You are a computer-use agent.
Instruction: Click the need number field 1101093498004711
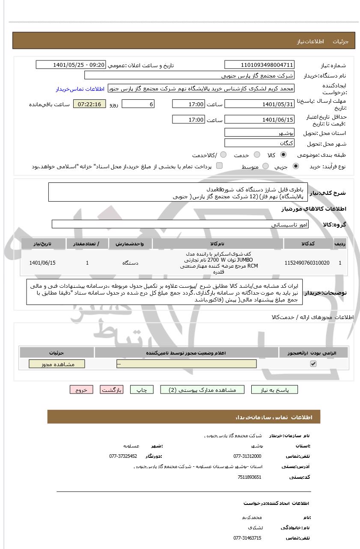click(259, 65)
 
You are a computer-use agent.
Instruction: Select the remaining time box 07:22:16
click(89, 104)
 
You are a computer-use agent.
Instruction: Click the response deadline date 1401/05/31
click(259, 104)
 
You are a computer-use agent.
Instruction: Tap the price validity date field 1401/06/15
click(259, 120)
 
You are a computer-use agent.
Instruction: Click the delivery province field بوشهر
click(259, 133)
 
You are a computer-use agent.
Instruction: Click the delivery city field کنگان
click(259, 143)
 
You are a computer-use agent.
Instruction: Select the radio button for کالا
click(283, 155)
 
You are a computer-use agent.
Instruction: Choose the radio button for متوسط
click(266, 166)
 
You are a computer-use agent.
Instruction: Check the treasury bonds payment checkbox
click(219, 166)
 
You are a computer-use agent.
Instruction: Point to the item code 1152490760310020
click(307, 263)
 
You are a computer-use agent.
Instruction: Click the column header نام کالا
click(217, 244)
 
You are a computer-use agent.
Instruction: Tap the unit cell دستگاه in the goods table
click(130, 263)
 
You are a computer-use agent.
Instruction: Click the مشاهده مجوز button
click(57, 364)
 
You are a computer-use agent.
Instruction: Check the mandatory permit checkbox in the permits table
click(313, 364)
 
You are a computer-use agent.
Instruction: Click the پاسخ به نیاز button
click(274, 390)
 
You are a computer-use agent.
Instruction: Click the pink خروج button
click(81, 390)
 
